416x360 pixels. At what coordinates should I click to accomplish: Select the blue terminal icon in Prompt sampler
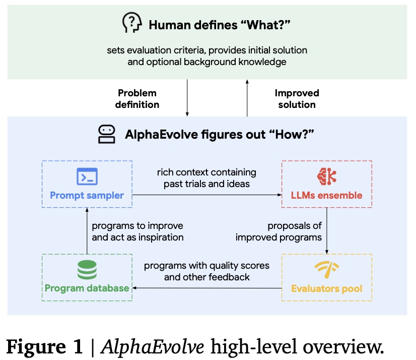pyautogui.click(x=87, y=176)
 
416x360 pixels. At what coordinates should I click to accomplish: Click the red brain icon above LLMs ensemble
pyautogui.click(x=326, y=176)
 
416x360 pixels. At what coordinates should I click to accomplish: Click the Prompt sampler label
pyautogui.click(x=87, y=195)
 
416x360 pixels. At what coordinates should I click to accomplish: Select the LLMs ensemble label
pyautogui.click(x=326, y=195)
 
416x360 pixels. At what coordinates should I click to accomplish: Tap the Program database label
pyautogui.click(x=87, y=288)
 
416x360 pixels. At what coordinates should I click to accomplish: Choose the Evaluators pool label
pyautogui.click(x=326, y=289)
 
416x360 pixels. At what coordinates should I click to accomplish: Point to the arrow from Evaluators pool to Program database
pyautogui.click(x=206, y=288)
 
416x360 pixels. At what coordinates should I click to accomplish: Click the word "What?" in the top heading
pyautogui.click(x=272, y=24)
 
